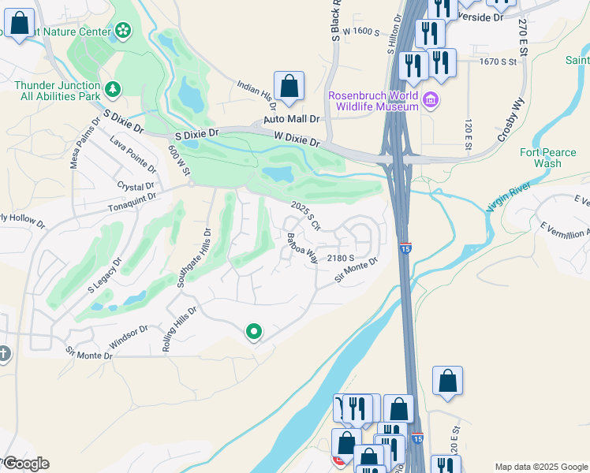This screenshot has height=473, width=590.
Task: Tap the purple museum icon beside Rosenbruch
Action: pos(431,100)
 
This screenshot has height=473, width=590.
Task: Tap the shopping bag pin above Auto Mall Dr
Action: pos(289,86)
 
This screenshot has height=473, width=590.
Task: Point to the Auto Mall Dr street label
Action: pos(291,119)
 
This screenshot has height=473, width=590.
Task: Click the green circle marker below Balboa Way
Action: pos(253,332)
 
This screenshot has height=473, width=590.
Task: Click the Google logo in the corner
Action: pos(25,464)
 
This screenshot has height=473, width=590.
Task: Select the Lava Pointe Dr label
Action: pos(133,155)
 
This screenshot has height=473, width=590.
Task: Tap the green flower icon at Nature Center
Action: pos(123,30)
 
